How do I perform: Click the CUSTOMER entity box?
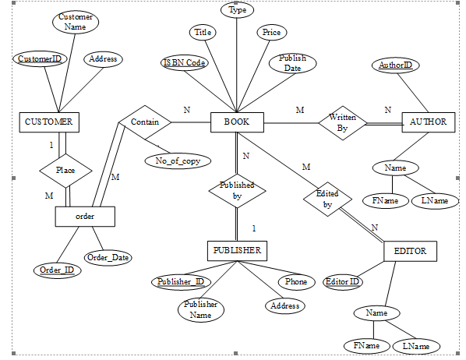point(49,122)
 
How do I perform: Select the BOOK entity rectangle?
point(237,122)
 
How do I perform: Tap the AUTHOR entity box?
point(427,122)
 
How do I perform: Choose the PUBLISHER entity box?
point(237,250)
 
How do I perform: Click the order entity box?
point(86,216)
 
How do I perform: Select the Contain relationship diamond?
point(144,122)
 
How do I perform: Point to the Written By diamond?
point(342,122)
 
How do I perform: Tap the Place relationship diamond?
point(66,168)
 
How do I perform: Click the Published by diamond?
point(237,192)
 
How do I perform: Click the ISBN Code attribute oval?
point(185,63)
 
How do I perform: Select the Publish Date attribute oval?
point(288,63)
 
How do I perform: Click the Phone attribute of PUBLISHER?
point(296,281)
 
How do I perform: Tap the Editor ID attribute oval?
point(342,281)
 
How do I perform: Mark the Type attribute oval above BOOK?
point(237,10)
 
